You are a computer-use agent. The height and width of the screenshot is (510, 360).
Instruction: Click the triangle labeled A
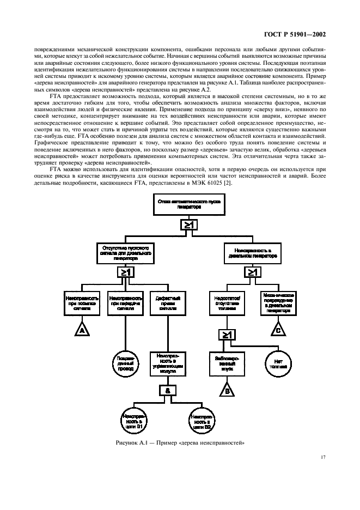(x=82, y=330)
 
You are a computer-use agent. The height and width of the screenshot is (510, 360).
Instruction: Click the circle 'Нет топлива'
(x=278, y=362)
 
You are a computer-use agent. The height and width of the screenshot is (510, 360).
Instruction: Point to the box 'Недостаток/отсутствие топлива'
(x=227, y=302)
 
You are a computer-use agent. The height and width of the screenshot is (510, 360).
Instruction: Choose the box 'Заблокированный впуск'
(x=227, y=362)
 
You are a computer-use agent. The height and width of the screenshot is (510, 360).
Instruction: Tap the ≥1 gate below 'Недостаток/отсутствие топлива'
(x=227, y=334)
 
